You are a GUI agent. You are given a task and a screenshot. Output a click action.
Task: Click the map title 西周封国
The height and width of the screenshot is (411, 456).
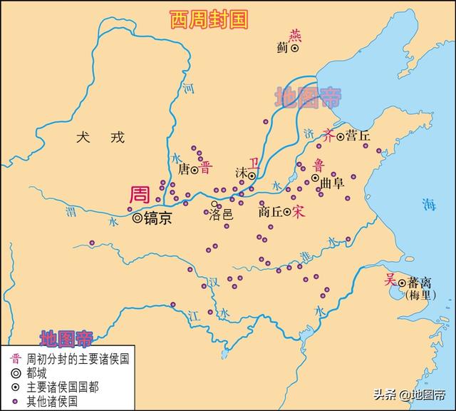(x=209, y=19)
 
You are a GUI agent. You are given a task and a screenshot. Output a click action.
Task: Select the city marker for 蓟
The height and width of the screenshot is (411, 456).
(x=294, y=49)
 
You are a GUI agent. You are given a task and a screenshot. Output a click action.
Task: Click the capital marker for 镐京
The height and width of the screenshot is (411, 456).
(x=137, y=218)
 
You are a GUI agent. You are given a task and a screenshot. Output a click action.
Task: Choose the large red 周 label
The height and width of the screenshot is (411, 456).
(x=140, y=195)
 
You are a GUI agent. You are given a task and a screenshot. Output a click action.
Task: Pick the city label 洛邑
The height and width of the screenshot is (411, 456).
(x=221, y=213)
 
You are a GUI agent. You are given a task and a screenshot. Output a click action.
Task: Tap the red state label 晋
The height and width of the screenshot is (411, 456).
(x=207, y=168)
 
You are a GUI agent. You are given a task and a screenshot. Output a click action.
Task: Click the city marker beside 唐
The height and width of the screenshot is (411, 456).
(x=195, y=170)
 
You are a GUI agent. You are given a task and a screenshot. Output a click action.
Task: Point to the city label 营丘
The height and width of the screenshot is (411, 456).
(x=358, y=136)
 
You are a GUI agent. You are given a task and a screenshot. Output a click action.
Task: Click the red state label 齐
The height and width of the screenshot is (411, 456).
(x=328, y=134)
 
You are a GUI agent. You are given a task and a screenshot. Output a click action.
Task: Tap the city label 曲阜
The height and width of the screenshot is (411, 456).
(x=331, y=183)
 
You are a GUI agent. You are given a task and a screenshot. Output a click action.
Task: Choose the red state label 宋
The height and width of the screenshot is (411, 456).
(x=299, y=212)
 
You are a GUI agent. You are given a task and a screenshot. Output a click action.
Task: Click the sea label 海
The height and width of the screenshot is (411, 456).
(x=427, y=204)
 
